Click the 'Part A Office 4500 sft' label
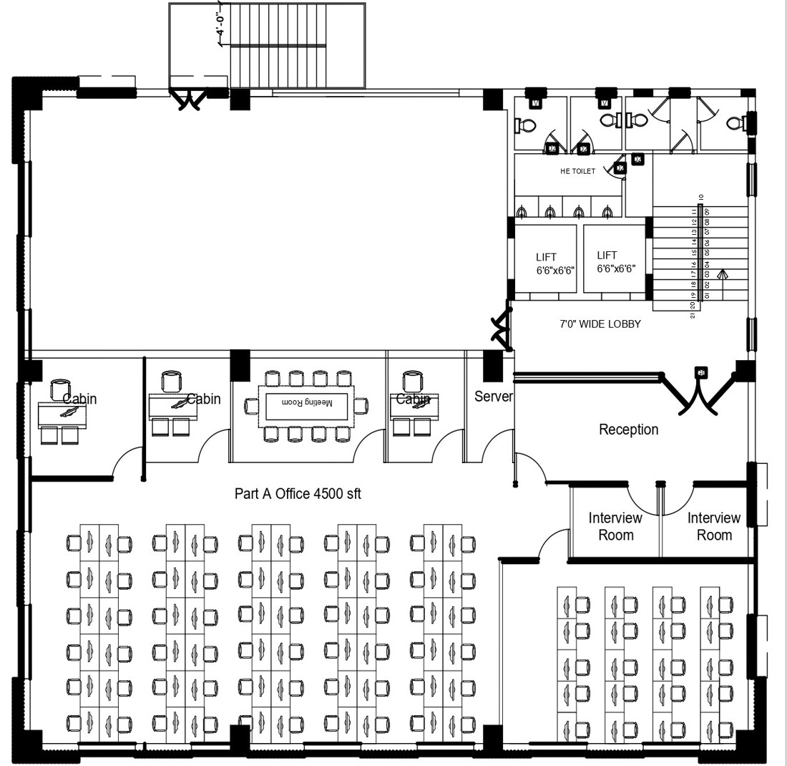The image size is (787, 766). point(298,493)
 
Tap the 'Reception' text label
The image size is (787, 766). point(628,430)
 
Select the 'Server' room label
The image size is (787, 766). point(493,396)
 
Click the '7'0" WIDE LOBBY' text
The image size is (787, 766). point(600,324)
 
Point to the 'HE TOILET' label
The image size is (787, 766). point(577,171)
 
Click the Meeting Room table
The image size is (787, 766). point(306,406)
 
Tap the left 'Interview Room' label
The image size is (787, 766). point(615,526)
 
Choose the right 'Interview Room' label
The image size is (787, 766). point(713,526)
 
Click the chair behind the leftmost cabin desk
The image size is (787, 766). point(60,389)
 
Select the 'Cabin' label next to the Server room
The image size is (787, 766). point(413,399)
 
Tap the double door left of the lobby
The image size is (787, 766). point(501,328)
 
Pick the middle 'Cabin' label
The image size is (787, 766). point(203,399)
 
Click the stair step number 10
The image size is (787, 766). point(702,197)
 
